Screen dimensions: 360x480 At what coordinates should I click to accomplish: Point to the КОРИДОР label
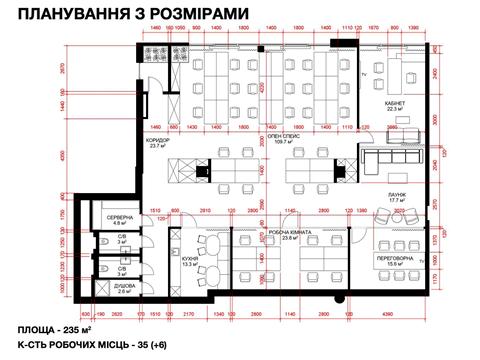[x=161, y=141]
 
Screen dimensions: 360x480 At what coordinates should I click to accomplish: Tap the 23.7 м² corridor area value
[x=161, y=148]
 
